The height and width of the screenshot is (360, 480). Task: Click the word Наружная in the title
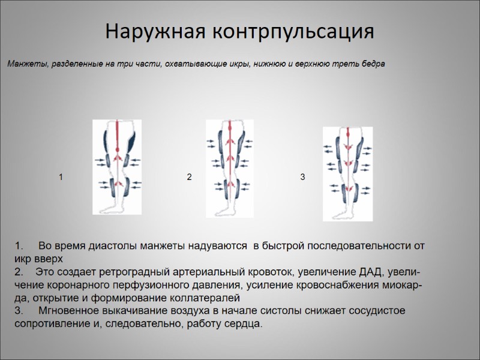[151, 31]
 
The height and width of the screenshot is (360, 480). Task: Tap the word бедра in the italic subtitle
[371, 63]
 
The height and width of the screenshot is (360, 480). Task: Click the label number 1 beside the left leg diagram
[61, 177]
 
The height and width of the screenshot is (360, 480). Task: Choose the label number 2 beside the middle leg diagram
[189, 177]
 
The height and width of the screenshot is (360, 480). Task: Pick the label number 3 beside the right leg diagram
[303, 177]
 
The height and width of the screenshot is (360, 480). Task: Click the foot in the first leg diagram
[112, 206]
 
